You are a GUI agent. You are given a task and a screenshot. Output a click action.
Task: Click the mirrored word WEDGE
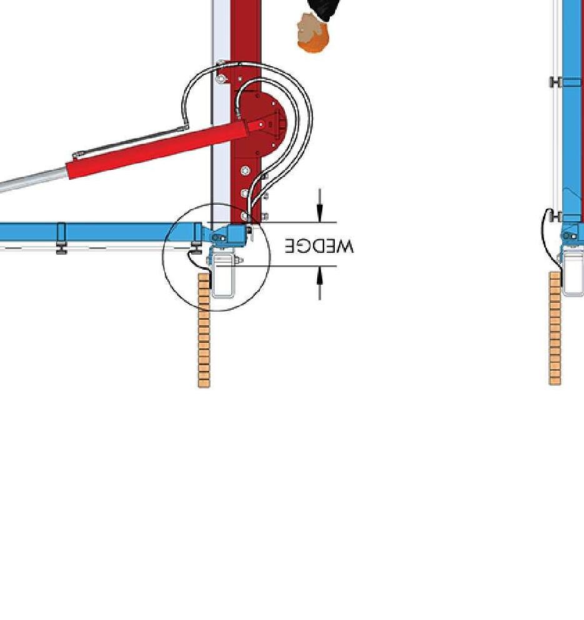tap(319, 245)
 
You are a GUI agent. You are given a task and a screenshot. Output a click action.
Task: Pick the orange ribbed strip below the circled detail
tap(204, 331)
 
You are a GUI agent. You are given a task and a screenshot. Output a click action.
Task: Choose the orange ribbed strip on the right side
tap(555, 328)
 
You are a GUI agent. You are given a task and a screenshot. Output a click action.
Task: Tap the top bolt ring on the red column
tap(222, 79)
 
